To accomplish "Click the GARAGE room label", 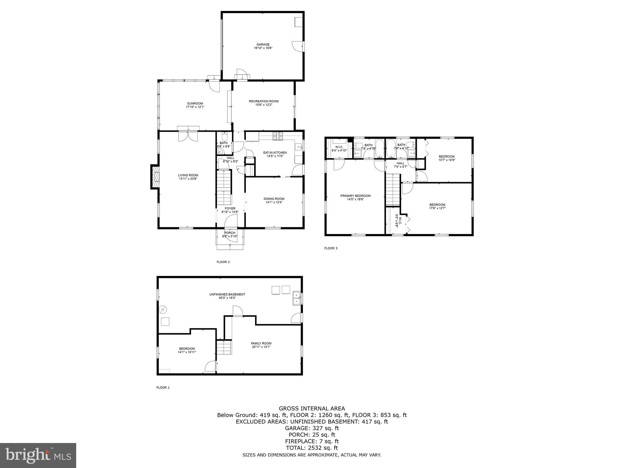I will [x=263, y=44].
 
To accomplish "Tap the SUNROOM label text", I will [x=195, y=104].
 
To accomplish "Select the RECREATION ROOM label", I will [x=264, y=101].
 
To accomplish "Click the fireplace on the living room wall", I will [x=155, y=177].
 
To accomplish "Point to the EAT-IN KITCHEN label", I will [x=275, y=153].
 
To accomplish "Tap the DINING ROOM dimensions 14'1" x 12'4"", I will [x=274, y=202].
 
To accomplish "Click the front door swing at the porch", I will [x=231, y=222].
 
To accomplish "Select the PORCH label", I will [x=230, y=233].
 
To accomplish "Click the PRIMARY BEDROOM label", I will [x=355, y=196].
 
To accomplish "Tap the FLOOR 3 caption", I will [x=331, y=248].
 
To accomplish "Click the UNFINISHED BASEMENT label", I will [x=227, y=294].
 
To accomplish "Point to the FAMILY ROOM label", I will [x=261, y=343].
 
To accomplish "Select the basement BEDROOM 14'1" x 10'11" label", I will [x=187, y=349].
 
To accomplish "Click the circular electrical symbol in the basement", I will [x=163, y=310].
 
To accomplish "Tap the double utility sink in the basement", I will [x=296, y=298].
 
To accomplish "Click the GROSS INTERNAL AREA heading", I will [x=312, y=409].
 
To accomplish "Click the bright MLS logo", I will [x=38, y=455].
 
